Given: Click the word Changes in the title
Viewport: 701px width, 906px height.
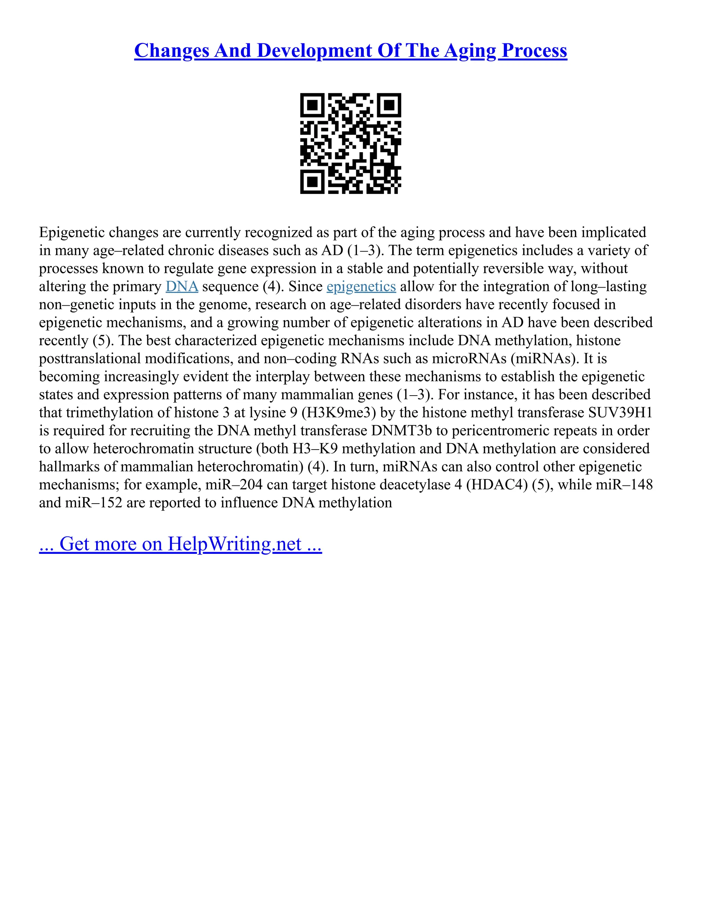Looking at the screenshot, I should (x=171, y=51).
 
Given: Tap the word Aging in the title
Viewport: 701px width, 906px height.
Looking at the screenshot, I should (x=470, y=51).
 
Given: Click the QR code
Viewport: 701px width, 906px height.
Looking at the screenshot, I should (x=350, y=143).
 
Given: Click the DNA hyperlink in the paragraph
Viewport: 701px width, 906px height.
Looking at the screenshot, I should (x=182, y=287).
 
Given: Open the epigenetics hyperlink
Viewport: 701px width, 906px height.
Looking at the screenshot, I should (x=361, y=287).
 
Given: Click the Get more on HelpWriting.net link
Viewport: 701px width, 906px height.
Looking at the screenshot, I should (x=180, y=544).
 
